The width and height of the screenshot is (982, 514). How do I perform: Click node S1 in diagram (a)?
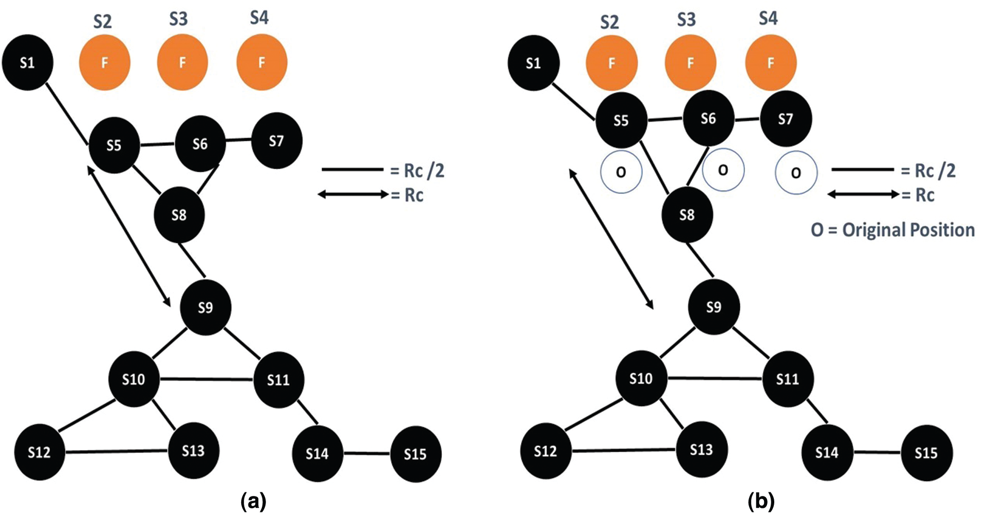coord(27,62)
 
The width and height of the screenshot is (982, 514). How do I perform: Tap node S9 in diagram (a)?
coord(205,308)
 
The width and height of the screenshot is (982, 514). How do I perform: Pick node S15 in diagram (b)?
coord(926,453)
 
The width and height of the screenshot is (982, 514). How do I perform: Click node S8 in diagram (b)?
coord(687,214)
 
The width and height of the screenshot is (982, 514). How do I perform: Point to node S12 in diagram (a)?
coord(39,453)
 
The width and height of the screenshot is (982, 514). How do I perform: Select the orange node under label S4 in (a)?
coord(261,62)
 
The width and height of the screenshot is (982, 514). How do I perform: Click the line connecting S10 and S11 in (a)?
coord(206,379)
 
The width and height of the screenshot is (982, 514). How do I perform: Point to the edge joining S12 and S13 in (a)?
coord(116,452)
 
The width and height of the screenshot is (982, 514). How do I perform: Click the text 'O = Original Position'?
coord(893,230)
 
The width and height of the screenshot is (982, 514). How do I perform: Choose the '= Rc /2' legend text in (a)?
coord(417,171)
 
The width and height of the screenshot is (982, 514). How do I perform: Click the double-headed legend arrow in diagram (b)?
coord(863,194)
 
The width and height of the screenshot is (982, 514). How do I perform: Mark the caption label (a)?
coord(253,501)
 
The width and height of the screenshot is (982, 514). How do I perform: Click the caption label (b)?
coord(761,501)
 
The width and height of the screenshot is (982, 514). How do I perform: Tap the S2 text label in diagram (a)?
coord(102,22)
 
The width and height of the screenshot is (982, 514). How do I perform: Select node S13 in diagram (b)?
coord(701,450)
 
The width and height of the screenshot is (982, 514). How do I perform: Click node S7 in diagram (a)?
coord(276,141)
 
